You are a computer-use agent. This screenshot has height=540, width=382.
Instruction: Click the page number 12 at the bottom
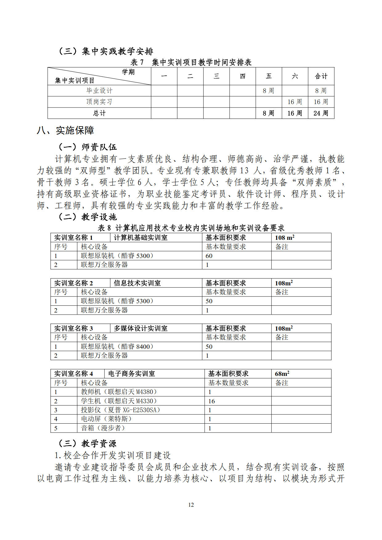click(x=191, y=505)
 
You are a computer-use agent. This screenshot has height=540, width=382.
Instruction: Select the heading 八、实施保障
click(x=65, y=131)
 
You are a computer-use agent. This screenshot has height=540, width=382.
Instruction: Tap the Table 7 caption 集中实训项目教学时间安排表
click(x=191, y=62)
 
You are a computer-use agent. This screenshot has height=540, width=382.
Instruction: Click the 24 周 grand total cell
click(x=321, y=113)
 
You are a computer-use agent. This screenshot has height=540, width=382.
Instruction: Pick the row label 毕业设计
click(x=99, y=91)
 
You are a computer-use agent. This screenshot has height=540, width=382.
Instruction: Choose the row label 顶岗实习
click(x=99, y=102)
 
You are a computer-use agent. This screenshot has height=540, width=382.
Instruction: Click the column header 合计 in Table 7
click(x=321, y=76)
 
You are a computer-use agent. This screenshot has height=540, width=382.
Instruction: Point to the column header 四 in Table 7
click(x=242, y=76)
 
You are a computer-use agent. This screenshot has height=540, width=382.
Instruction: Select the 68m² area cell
click(x=282, y=374)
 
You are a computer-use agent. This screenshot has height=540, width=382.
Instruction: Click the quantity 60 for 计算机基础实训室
click(x=209, y=256)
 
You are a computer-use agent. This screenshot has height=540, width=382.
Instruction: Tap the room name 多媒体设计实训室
click(x=140, y=328)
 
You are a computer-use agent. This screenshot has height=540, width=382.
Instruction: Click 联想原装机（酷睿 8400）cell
click(x=117, y=347)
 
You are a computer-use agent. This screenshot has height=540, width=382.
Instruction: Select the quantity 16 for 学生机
click(x=212, y=401)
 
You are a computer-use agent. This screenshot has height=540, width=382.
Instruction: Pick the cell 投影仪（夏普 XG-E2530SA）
click(x=120, y=410)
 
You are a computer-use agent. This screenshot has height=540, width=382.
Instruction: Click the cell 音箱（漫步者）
click(x=103, y=428)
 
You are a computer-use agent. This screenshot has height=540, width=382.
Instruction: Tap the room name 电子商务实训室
click(x=132, y=374)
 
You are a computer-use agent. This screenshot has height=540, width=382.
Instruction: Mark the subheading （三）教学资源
click(x=87, y=444)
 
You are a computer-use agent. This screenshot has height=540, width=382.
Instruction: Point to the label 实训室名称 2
click(x=74, y=283)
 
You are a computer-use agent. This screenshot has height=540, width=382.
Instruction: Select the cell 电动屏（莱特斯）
click(x=106, y=419)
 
